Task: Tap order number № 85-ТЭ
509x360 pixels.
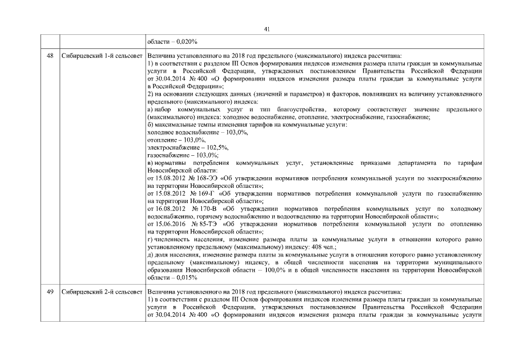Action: (x=196, y=224)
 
